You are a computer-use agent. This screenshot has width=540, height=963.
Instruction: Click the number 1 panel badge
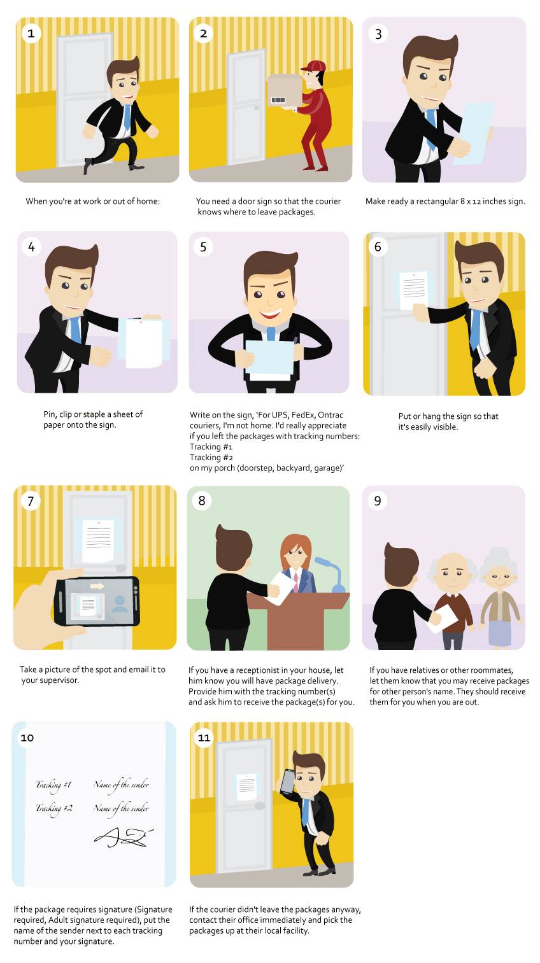(31, 34)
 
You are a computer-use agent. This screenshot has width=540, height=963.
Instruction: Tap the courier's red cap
(314, 66)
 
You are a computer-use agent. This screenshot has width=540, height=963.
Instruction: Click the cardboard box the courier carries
(285, 91)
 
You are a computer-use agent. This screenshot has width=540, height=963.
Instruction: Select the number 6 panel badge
(378, 247)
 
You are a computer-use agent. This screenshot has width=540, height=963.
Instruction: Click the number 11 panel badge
(204, 738)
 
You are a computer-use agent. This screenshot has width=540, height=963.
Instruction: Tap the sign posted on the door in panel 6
(413, 290)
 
